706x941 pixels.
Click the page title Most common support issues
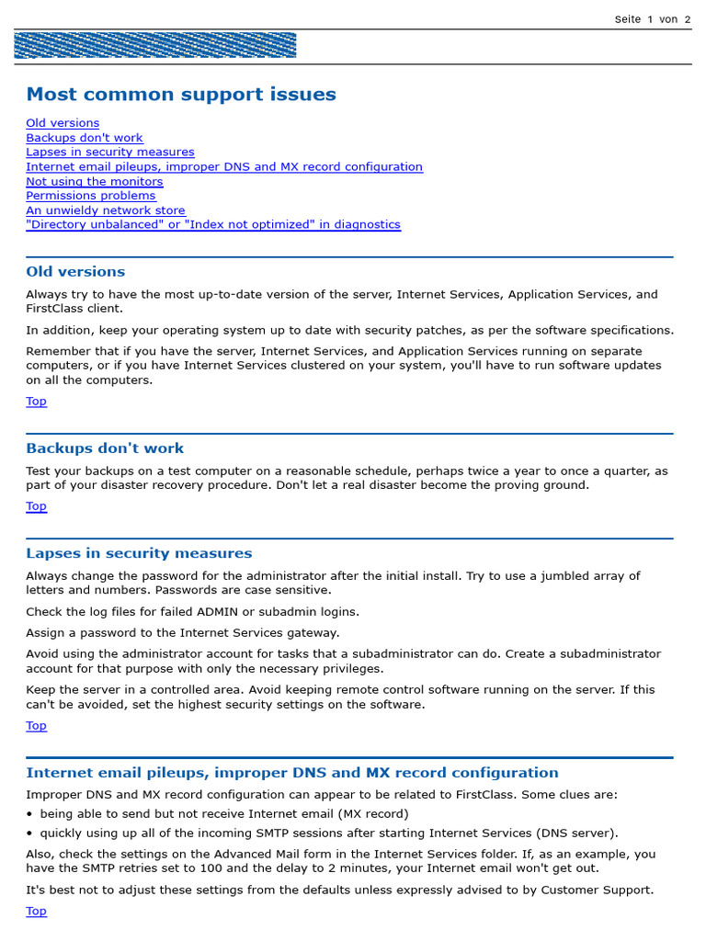click(181, 94)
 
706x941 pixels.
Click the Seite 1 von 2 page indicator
click(652, 19)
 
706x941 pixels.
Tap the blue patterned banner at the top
click(154, 46)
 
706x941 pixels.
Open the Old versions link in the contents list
click(63, 123)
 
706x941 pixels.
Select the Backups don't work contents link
click(85, 138)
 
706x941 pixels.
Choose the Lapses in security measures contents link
click(110, 152)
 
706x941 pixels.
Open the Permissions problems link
click(91, 196)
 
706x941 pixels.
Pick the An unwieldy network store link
click(106, 210)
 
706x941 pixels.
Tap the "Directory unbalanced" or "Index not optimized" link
click(213, 224)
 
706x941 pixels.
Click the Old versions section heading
click(75, 272)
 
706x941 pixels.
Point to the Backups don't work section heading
click(105, 448)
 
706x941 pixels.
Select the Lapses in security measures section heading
click(139, 553)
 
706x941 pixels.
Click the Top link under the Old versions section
click(36, 402)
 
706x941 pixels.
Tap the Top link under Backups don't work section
click(36, 506)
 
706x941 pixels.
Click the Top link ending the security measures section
click(36, 726)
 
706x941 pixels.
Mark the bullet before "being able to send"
click(29, 814)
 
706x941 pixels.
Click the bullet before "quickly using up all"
click(29, 833)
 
